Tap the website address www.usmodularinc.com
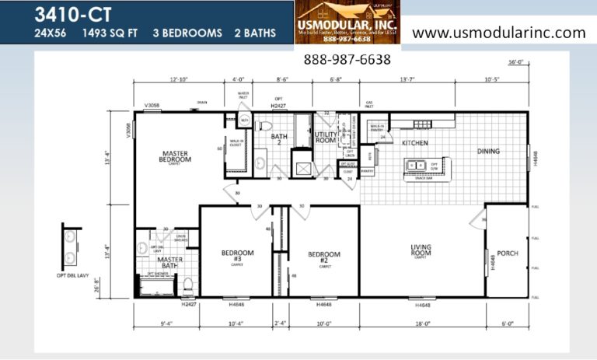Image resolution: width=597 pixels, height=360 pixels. pos(498,33)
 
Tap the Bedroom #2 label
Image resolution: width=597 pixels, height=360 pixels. pos(323,257)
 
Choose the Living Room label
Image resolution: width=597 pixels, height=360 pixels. pos(421,251)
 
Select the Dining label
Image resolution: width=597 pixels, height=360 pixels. pos(488,151)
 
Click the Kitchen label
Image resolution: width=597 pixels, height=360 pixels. pos(415,143)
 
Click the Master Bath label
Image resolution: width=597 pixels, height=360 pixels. pos(170,262)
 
